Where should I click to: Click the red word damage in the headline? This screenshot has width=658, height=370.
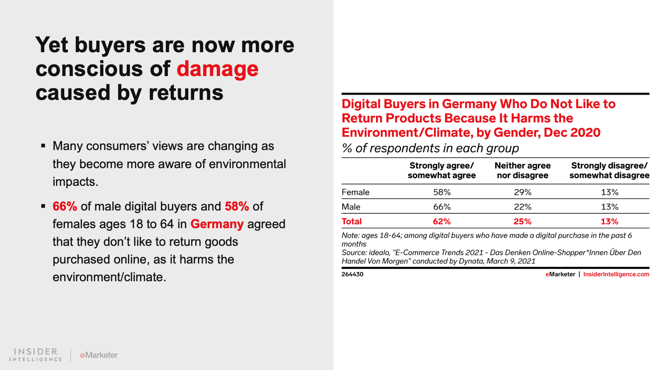(x=218, y=69)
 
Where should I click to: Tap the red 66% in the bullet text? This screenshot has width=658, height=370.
(x=65, y=206)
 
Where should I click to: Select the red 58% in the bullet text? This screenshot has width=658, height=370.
(x=237, y=206)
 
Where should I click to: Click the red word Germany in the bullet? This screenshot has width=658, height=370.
(x=217, y=224)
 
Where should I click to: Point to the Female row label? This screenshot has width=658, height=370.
(x=355, y=192)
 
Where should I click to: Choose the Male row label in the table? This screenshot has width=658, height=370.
(x=351, y=207)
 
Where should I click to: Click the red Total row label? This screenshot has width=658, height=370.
(x=352, y=222)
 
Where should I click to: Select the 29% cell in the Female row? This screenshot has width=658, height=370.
(x=523, y=192)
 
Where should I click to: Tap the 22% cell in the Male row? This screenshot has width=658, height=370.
(x=523, y=207)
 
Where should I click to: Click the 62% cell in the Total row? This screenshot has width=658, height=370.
(x=442, y=222)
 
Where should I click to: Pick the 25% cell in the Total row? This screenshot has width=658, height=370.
(x=523, y=222)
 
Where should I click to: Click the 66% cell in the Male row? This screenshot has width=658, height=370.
(x=442, y=207)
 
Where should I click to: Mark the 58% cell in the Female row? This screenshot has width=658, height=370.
(x=442, y=192)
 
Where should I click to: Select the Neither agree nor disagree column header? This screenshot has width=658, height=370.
(x=523, y=171)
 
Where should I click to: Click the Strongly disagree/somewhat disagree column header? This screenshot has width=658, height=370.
(x=609, y=171)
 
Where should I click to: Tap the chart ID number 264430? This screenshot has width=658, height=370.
(x=352, y=274)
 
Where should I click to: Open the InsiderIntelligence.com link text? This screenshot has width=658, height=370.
(x=616, y=274)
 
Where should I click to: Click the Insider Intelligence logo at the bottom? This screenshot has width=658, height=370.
(x=36, y=355)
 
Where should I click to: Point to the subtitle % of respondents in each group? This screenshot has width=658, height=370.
(x=430, y=148)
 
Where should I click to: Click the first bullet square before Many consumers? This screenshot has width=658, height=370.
(x=43, y=146)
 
